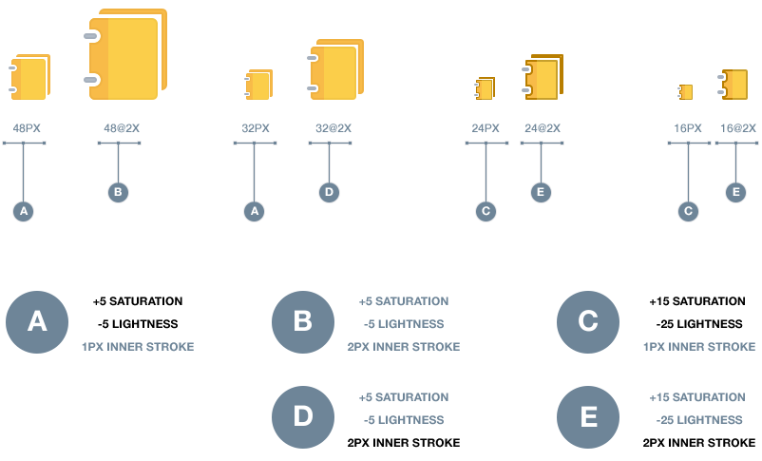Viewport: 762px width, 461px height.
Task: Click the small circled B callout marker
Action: pyautogui.click(x=118, y=192)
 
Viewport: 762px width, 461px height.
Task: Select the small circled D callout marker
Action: pyautogui.click(x=329, y=192)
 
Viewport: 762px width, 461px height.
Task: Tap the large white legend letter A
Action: pyautogui.click(x=37, y=321)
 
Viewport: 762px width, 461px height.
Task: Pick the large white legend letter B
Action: pyautogui.click(x=302, y=321)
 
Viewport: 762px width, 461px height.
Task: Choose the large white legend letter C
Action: pyautogui.click(x=588, y=321)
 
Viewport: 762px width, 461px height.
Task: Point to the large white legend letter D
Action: pyautogui.click(x=302, y=416)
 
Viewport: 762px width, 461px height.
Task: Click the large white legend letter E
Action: pyautogui.click(x=588, y=416)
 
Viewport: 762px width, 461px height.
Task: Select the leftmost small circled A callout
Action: pyautogui.click(x=23, y=211)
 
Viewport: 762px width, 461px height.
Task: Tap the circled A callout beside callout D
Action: pyautogui.click(x=254, y=211)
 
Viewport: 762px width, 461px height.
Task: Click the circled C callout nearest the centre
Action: pyautogui.click(x=486, y=211)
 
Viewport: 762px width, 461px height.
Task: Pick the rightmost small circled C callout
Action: pyautogui.click(x=688, y=211)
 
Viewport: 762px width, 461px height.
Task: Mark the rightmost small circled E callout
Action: pyautogui.click(x=735, y=192)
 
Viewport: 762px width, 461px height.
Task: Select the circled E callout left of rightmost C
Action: pyautogui.click(x=541, y=192)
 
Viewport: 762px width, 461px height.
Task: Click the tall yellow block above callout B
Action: pyautogui.click(x=131, y=57)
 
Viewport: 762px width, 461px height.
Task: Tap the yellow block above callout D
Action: pyautogui.click(x=339, y=71)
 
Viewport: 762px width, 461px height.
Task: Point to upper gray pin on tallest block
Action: pyautogui.click(x=91, y=36)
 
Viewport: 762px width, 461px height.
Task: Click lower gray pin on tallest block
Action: pyautogui.click(x=91, y=80)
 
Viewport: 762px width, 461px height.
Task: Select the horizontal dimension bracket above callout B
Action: pyautogui.click(x=119, y=143)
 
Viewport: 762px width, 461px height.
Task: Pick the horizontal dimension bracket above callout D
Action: pyautogui.click(x=330, y=143)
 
